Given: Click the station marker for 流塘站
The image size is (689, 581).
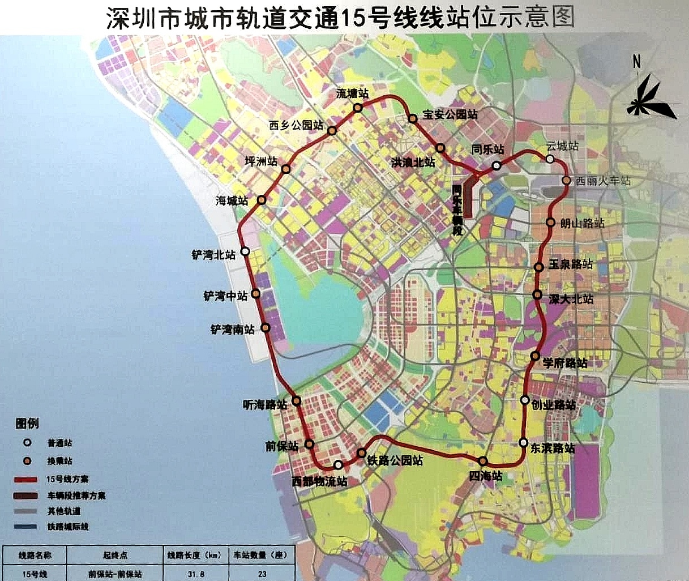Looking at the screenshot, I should [358, 108].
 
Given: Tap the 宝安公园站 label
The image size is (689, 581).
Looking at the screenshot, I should [450, 114].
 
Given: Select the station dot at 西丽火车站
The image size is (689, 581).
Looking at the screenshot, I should [566, 181].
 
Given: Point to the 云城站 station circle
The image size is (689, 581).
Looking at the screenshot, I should [550, 159].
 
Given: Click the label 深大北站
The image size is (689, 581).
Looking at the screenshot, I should [571, 298].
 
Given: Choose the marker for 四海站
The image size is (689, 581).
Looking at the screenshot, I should [482, 460].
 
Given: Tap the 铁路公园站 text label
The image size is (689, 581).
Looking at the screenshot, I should [395, 460].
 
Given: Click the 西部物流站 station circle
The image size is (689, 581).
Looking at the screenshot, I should [338, 465].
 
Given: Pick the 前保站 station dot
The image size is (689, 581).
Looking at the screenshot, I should [310, 444].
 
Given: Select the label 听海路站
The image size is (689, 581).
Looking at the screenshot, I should [264, 404].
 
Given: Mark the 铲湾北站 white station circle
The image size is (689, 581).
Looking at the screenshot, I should [245, 251].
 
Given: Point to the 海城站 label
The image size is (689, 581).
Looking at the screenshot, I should [232, 200].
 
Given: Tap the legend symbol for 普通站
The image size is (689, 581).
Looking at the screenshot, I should [27, 443].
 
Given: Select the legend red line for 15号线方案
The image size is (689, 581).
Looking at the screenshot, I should [26, 480].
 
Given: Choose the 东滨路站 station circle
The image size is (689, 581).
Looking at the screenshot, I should [524, 443].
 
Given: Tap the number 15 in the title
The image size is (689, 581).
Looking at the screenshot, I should [352, 19].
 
